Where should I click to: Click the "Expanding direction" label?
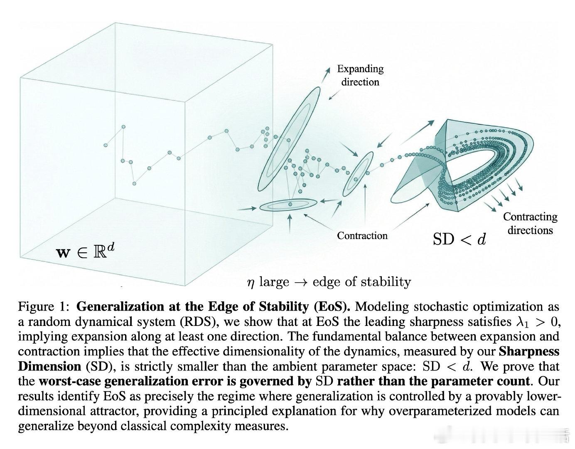point(360,75)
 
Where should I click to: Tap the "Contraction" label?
point(362,236)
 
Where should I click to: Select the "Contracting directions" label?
point(530,223)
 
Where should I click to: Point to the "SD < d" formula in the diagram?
point(460,239)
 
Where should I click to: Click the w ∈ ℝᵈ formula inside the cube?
point(85,252)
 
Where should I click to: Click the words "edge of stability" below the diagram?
point(362,282)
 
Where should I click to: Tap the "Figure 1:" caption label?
point(44,307)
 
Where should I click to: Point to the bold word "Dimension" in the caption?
point(49,367)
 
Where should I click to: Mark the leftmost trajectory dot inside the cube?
point(106,145)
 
